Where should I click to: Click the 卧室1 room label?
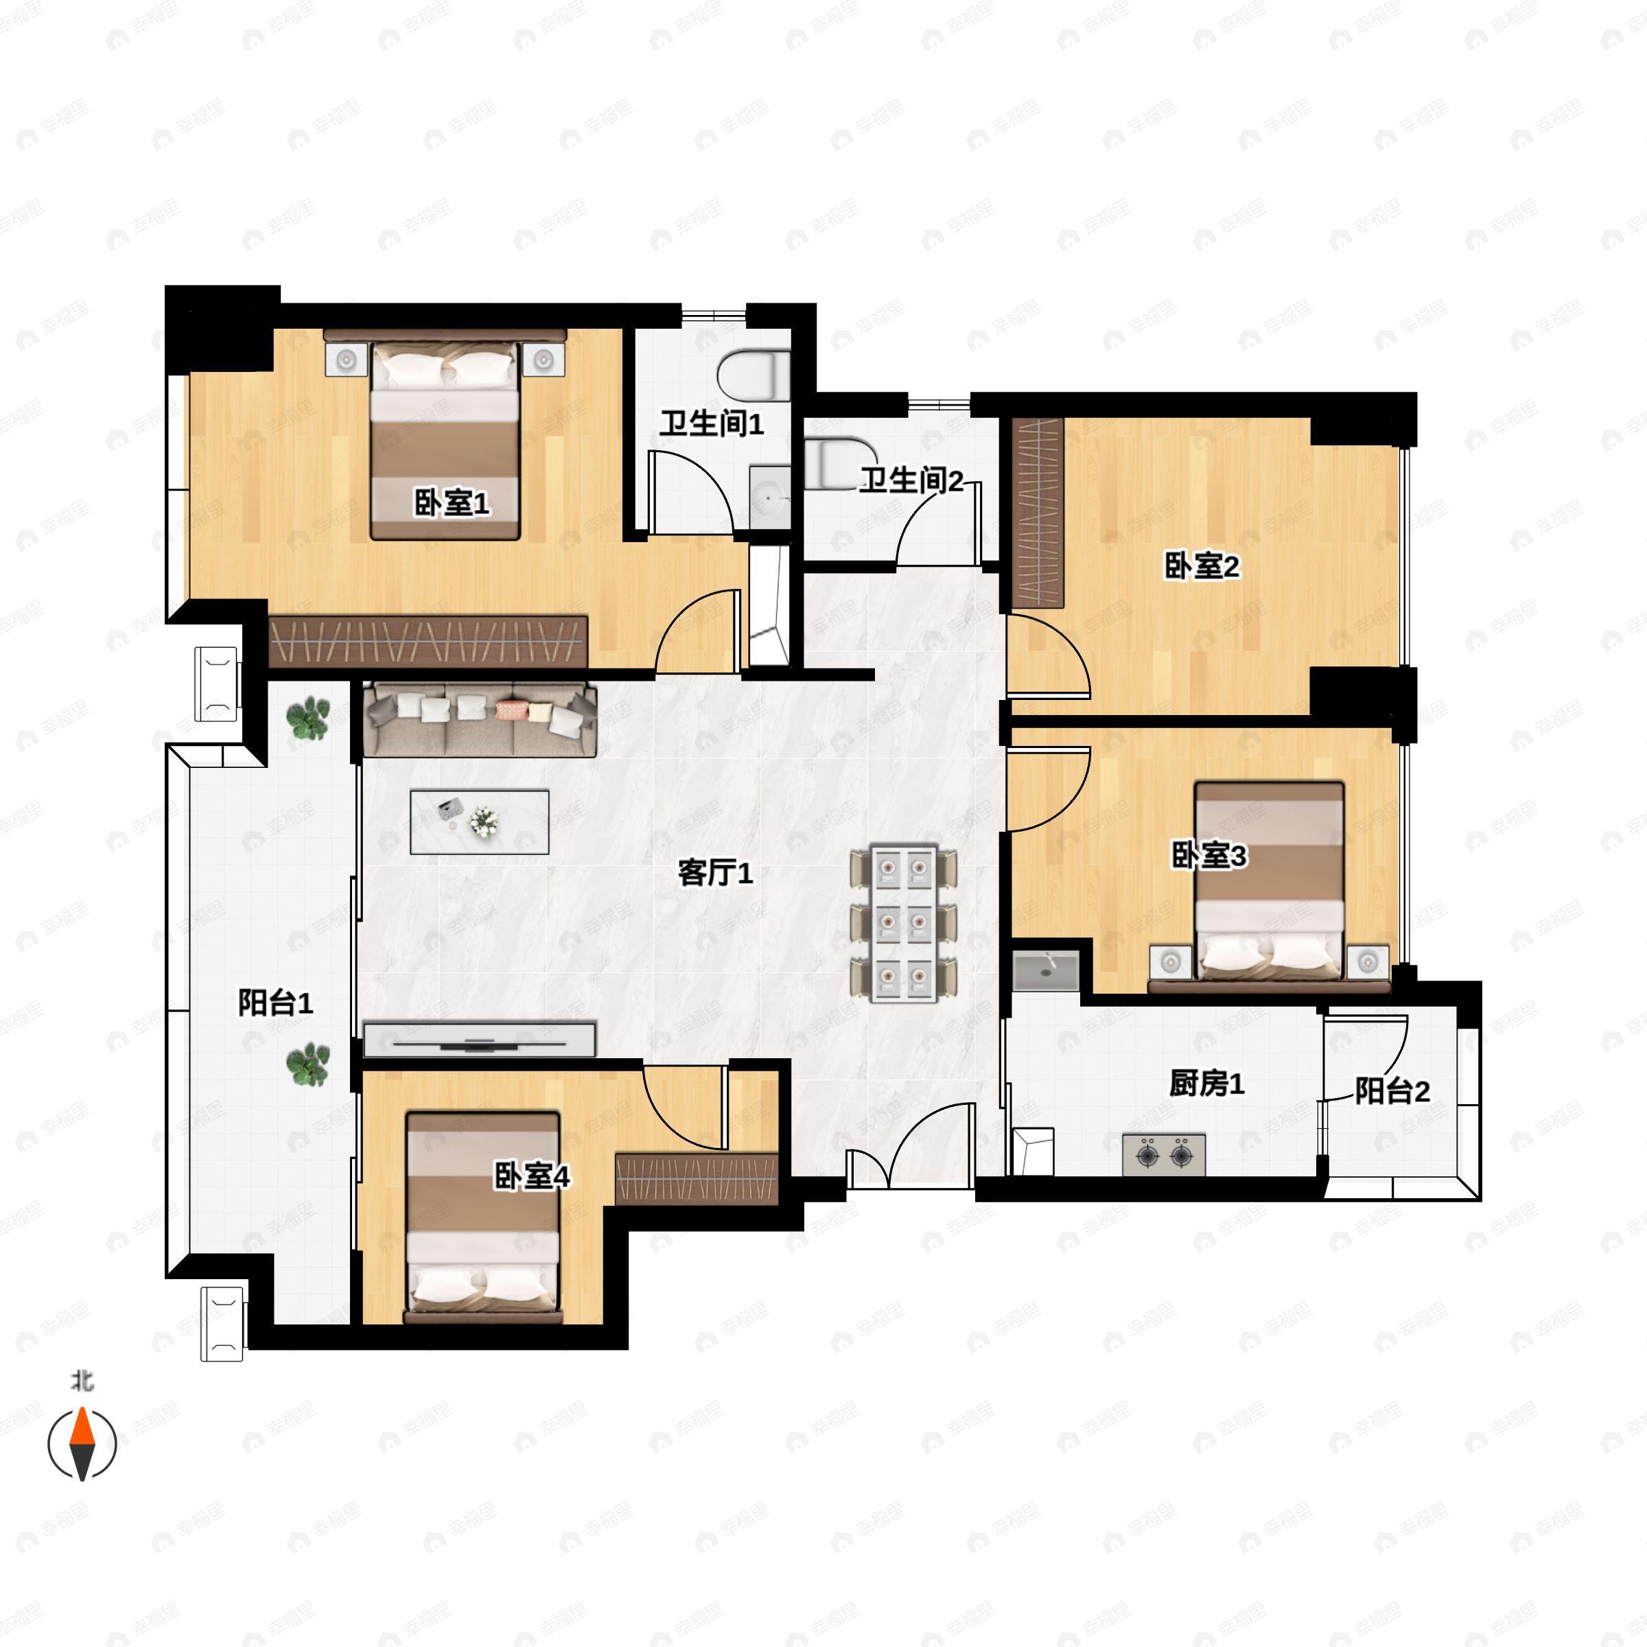pos(452,503)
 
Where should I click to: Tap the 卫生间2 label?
pos(911,481)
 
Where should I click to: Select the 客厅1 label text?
pos(715,873)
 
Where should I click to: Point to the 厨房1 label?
pos(1206,1084)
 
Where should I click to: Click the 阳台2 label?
pos(1392,1091)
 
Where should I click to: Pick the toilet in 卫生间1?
pos(754,376)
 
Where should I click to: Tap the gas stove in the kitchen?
pos(1164,1155)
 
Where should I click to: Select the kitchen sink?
pos(1046,971)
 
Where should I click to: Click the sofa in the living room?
pos(480,719)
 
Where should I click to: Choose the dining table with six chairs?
pos(904,923)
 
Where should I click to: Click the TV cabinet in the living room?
pos(479,1039)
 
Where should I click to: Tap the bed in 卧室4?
pos(483,1217)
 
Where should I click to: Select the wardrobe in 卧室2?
pos(1038,513)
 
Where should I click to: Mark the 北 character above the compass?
pos(82,1380)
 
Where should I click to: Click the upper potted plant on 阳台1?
pos(307,718)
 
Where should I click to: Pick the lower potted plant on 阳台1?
pos(307,1065)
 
